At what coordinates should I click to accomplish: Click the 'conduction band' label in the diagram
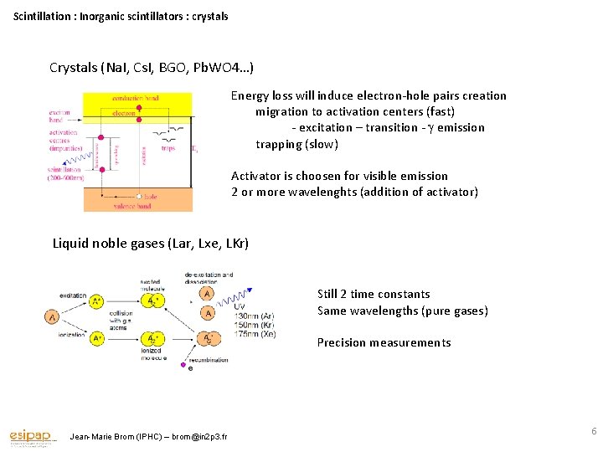(x=136, y=99)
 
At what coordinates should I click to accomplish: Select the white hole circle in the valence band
(x=140, y=197)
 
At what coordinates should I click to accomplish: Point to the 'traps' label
(x=168, y=149)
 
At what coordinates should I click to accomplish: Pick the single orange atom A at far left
(x=53, y=317)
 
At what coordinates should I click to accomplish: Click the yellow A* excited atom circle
(x=98, y=300)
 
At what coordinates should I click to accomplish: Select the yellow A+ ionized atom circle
(x=98, y=338)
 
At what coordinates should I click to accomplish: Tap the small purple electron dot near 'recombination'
(x=191, y=367)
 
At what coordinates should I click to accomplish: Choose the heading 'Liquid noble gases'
(x=109, y=244)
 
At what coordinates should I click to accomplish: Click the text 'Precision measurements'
(x=384, y=342)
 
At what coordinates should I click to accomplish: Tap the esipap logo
(x=32, y=436)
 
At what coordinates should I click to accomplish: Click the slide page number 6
(x=594, y=431)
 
